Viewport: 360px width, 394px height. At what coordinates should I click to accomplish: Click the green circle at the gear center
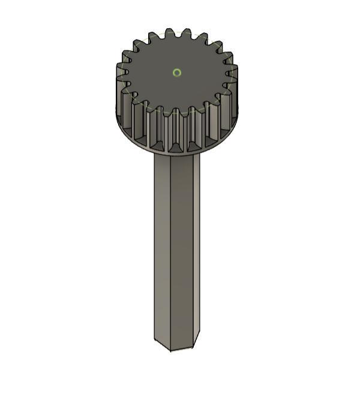[176, 73]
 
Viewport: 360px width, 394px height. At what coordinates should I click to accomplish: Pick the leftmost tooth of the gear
[121, 78]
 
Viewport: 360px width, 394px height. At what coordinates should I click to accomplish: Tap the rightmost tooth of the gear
[234, 75]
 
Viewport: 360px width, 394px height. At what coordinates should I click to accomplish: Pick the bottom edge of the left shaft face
[163, 345]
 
